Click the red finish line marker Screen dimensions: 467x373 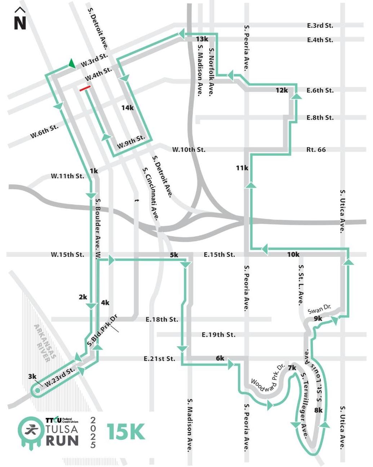(85, 88)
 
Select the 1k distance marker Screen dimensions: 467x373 (94, 171)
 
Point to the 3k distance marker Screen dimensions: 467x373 (32, 376)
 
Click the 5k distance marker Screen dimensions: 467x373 (174, 255)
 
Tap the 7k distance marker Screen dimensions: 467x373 (292, 368)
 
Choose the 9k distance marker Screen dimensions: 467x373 (318, 318)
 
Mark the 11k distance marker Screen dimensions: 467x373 (242, 168)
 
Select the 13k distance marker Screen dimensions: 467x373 (202, 39)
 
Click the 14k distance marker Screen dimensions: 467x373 (128, 108)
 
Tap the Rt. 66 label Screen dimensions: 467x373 (316, 149)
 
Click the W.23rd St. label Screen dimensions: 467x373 (60, 376)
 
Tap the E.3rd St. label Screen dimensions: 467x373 (320, 26)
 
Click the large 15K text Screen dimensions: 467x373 (125, 432)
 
